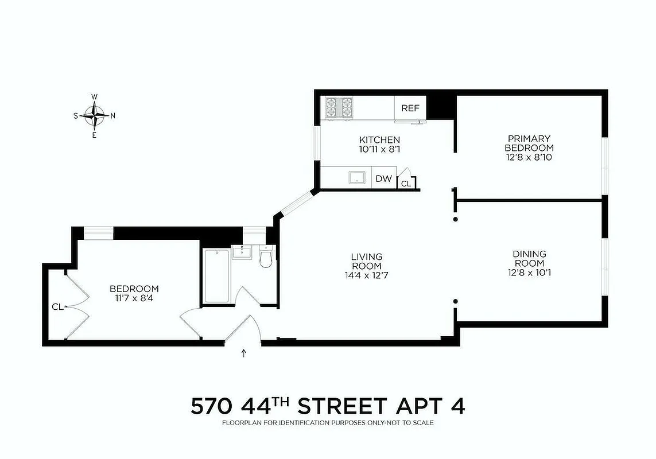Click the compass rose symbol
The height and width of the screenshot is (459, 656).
pos(94,115)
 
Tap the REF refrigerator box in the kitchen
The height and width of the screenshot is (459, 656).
pos(410,108)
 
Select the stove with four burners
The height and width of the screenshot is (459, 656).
pos(339,108)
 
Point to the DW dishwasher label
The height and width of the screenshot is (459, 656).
pos(383,179)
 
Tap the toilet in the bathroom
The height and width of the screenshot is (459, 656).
pos(266,258)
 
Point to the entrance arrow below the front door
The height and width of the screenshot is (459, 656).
pos(244,353)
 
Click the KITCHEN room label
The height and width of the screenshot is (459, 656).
pos(379,139)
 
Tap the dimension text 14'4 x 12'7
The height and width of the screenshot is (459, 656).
pos(367,275)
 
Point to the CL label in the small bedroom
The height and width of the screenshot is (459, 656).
pos(57,307)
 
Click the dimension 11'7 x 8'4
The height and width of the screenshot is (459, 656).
pos(134,298)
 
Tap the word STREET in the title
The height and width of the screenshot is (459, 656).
pos(342,406)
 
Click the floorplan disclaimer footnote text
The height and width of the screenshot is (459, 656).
pos(328,423)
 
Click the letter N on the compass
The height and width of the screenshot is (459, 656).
pos(112,116)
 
